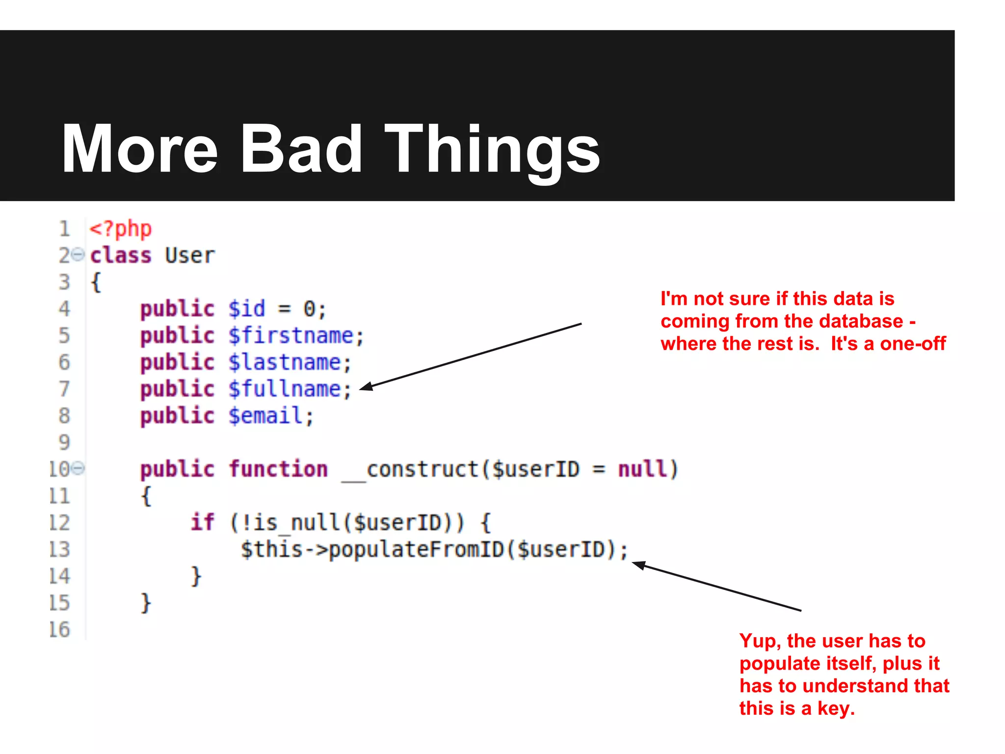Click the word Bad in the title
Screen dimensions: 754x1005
[x=301, y=149]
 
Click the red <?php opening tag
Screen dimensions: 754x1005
[x=121, y=229]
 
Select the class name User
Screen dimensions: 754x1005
[x=190, y=256]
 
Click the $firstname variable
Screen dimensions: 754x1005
[x=291, y=336]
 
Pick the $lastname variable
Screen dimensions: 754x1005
[x=285, y=363]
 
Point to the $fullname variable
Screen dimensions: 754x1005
[x=285, y=389]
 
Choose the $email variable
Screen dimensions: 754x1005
[x=265, y=416]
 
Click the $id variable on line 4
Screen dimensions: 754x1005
[x=247, y=309]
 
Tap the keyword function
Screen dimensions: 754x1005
[x=278, y=469]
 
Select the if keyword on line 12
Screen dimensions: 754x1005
[x=202, y=522]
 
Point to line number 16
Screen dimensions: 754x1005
[x=59, y=630]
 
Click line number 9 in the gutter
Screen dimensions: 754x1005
[x=64, y=443]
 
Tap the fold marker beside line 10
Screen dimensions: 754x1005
[x=78, y=468]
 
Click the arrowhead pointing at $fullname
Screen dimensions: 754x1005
[x=366, y=387]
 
